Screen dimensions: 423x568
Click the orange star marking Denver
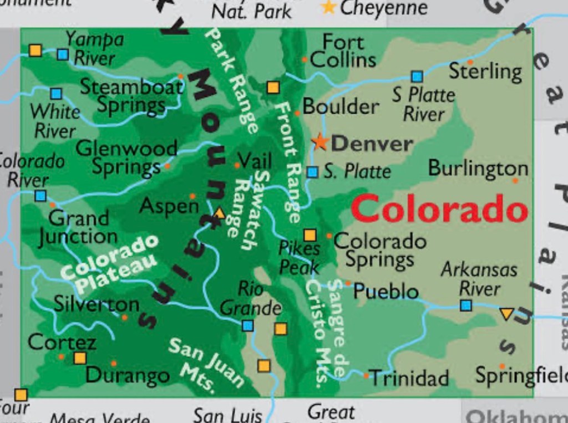[x=320, y=141]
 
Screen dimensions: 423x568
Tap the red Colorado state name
[x=439, y=210]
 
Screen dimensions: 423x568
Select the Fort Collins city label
[x=343, y=50]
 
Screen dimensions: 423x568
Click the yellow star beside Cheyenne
[x=329, y=7]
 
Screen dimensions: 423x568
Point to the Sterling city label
[x=485, y=72]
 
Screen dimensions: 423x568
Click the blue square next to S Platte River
[x=417, y=77]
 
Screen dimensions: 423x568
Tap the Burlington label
[x=478, y=168]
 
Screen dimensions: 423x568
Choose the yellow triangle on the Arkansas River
[x=506, y=314]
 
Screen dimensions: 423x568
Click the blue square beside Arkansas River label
[x=466, y=305]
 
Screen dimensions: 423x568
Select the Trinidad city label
[x=409, y=378]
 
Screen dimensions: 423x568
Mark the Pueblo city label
[x=386, y=291]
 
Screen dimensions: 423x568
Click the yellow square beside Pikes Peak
[x=310, y=235]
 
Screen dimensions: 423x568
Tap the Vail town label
[x=255, y=161]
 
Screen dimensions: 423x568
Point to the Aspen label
[x=169, y=206]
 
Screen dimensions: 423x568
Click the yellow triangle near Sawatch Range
[x=220, y=213]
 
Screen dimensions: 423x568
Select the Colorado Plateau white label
[x=109, y=263]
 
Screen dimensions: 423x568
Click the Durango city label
[x=128, y=375]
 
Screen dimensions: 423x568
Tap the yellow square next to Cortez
[x=80, y=358]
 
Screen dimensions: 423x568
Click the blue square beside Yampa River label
[x=63, y=54]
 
